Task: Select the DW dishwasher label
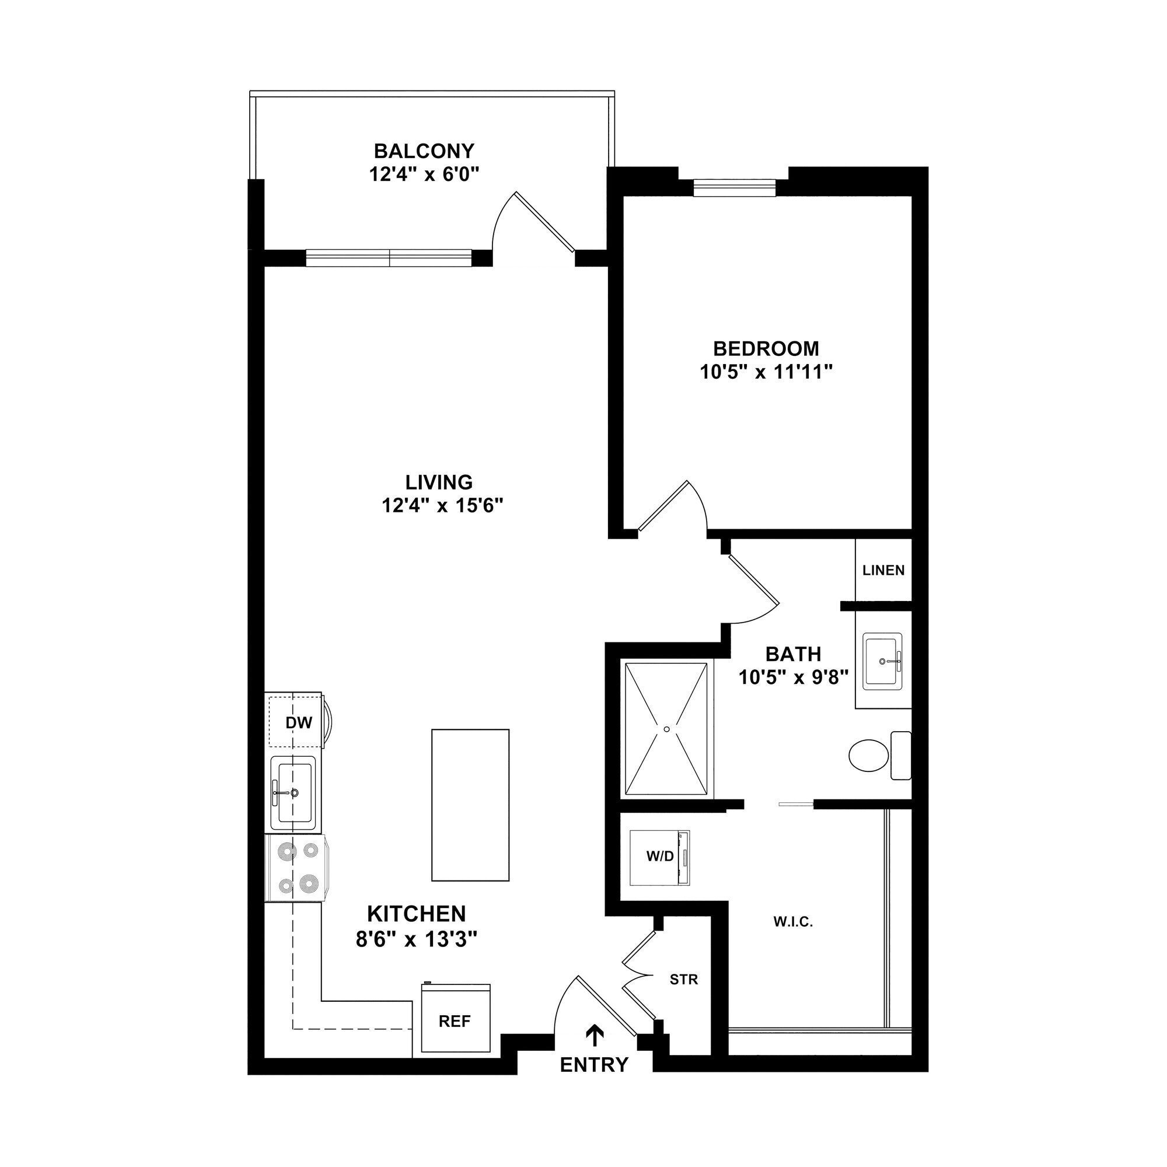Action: pos(299,722)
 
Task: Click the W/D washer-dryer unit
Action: pos(659,857)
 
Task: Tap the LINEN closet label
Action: pos(883,570)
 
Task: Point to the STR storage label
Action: pos(684,980)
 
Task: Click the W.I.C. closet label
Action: pos(793,923)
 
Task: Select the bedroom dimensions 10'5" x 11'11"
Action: pos(767,372)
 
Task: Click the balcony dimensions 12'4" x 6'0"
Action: pos(424,174)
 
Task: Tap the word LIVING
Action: pos(439,482)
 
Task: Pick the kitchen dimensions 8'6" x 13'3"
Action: pos(417,939)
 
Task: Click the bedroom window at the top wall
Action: pos(734,187)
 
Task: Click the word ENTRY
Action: pos(595,1065)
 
